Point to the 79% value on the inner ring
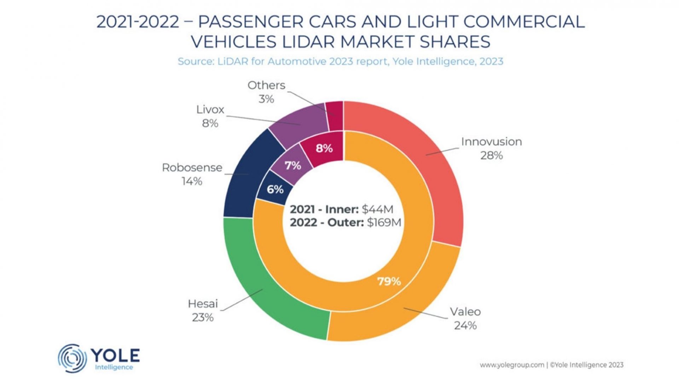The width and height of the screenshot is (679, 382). (x=389, y=282)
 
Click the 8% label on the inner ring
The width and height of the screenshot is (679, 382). (x=324, y=148)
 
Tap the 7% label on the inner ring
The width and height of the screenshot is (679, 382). (x=293, y=165)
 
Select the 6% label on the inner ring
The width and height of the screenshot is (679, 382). (x=275, y=189)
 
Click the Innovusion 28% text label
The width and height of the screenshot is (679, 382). (x=491, y=148)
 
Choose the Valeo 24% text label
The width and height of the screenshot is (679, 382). (x=465, y=318)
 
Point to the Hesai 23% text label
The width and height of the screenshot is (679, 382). (x=203, y=310)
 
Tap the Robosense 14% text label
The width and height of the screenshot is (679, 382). (x=192, y=174)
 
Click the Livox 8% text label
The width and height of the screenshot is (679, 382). (x=210, y=116)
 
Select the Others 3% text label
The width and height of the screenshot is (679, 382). (x=266, y=92)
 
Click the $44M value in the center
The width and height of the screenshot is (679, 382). (x=377, y=209)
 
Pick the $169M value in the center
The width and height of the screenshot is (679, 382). (x=384, y=222)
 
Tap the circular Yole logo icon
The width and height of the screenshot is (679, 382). (x=72, y=358)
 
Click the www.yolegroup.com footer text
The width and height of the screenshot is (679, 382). (x=512, y=365)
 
